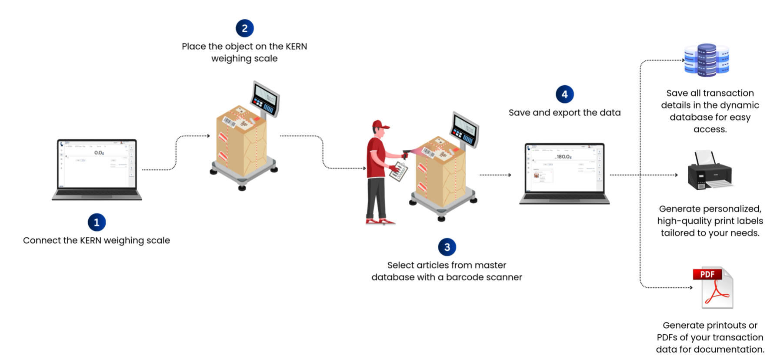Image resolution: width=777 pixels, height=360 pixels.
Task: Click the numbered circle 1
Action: click(x=97, y=222)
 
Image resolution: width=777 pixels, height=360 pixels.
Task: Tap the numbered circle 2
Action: click(x=244, y=28)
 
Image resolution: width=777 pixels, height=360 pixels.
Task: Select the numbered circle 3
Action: click(x=447, y=247)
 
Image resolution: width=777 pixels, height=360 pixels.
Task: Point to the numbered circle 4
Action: click(x=564, y=94)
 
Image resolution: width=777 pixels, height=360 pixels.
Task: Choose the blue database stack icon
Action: click(x=707, y=60)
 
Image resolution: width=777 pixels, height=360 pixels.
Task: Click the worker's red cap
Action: click(x=380, y=125)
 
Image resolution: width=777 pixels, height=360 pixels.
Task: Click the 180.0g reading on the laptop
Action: click(x=564, y=157)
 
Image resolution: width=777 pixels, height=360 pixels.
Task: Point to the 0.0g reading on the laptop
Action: click(x=99, y=153)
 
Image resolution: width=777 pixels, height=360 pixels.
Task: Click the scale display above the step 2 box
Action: click(x=266, y=97)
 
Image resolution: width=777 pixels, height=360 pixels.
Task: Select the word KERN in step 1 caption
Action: click(x=90, y=240)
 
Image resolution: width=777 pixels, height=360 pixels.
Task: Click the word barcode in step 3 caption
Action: click(x=462, y=277)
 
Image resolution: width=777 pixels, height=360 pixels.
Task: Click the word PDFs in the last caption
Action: click(x=667, y=337)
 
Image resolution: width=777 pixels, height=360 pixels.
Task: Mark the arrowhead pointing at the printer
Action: click(x=676, y=175)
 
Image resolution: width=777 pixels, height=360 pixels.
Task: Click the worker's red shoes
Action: click(x=379, y=222)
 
